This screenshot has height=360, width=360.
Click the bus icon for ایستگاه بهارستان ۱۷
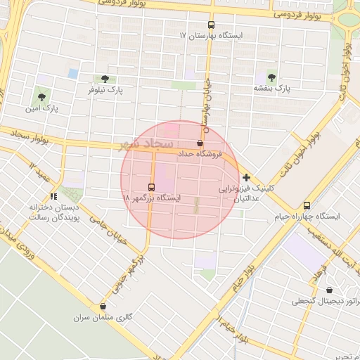[x=212, y=25]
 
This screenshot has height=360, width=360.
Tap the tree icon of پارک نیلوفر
[x=105, y=79]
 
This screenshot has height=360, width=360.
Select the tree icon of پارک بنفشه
[x=271, y=77]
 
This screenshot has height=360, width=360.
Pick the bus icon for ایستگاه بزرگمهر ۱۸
[x=152, y=188]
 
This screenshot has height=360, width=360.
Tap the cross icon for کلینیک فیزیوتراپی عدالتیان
[x=246, y=177]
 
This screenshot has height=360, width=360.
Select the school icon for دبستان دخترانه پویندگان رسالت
[x=53, y=196]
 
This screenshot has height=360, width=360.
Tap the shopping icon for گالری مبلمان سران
[x=104, y=306]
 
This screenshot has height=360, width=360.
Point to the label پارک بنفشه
[x=272, y=89]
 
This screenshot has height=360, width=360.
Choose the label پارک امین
[x=41, y=109]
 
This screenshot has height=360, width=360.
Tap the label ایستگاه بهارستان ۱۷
[x=211, y=35]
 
